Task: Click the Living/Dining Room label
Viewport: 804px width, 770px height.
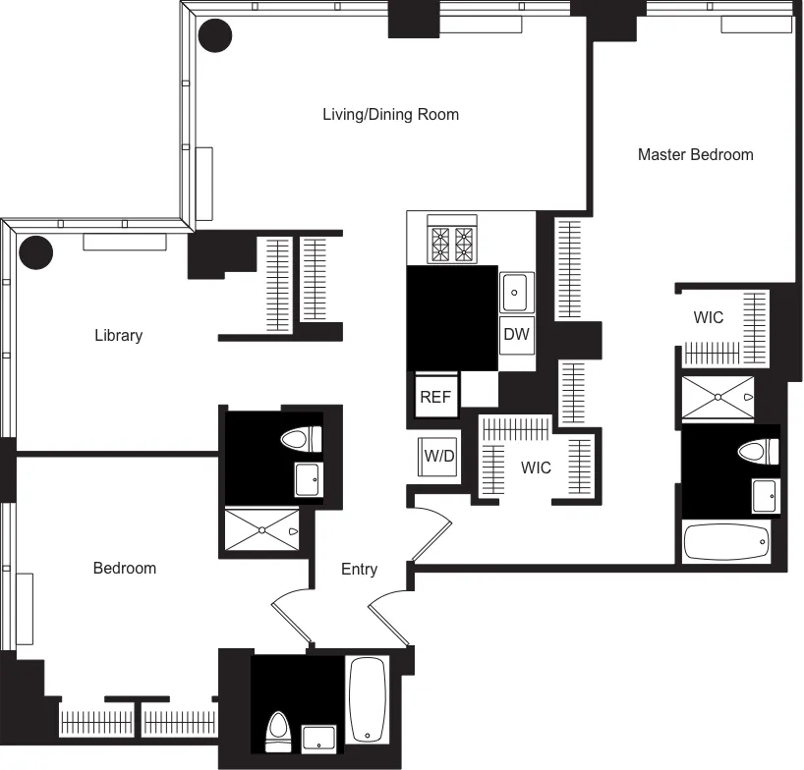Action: pyautogui.click(x=390, y=114)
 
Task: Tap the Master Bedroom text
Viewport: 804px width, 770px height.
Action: pyautogui.click(x=695, y=154)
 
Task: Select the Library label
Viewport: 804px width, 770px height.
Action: pyautogui.click(x=118, y=335)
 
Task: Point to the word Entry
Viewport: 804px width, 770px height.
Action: pyautogui.click(x=359, y=569)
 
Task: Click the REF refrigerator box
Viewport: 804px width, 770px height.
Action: pyautogui.click(x=434, y=397)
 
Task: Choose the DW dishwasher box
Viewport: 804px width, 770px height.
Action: pyautogui.click(x=516, y=334)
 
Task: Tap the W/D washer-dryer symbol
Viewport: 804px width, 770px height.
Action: pyautogui.click(x=438, y=456)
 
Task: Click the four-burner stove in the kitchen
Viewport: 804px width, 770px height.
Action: pyautogui.click(x=452, y=242)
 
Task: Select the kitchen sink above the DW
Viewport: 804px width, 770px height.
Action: pyautogui.click(x=515, y=292)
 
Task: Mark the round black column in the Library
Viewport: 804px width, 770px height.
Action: pyautogui.click(x=36, y=252)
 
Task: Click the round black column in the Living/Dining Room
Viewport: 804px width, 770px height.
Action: pyautogui.click(x=215, y=36)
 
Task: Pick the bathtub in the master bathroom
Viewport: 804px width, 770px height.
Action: pyautogui.click(x=726, y=541)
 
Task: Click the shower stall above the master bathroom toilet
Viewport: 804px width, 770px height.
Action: pyautogui.click(x=718, y=397)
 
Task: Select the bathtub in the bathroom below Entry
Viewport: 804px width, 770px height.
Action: pyautogui.click(x=368, y=698)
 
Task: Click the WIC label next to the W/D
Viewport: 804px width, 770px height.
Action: pyautogui.click(x=536, y=467)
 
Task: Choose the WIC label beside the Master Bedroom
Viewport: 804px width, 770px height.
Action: pyautogui.click(x=708, y=317)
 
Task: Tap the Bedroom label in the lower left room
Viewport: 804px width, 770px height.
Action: pyautogui.click(x=124, y=568)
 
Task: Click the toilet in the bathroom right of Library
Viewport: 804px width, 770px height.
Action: pyautogui.click(x=300, y=440)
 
